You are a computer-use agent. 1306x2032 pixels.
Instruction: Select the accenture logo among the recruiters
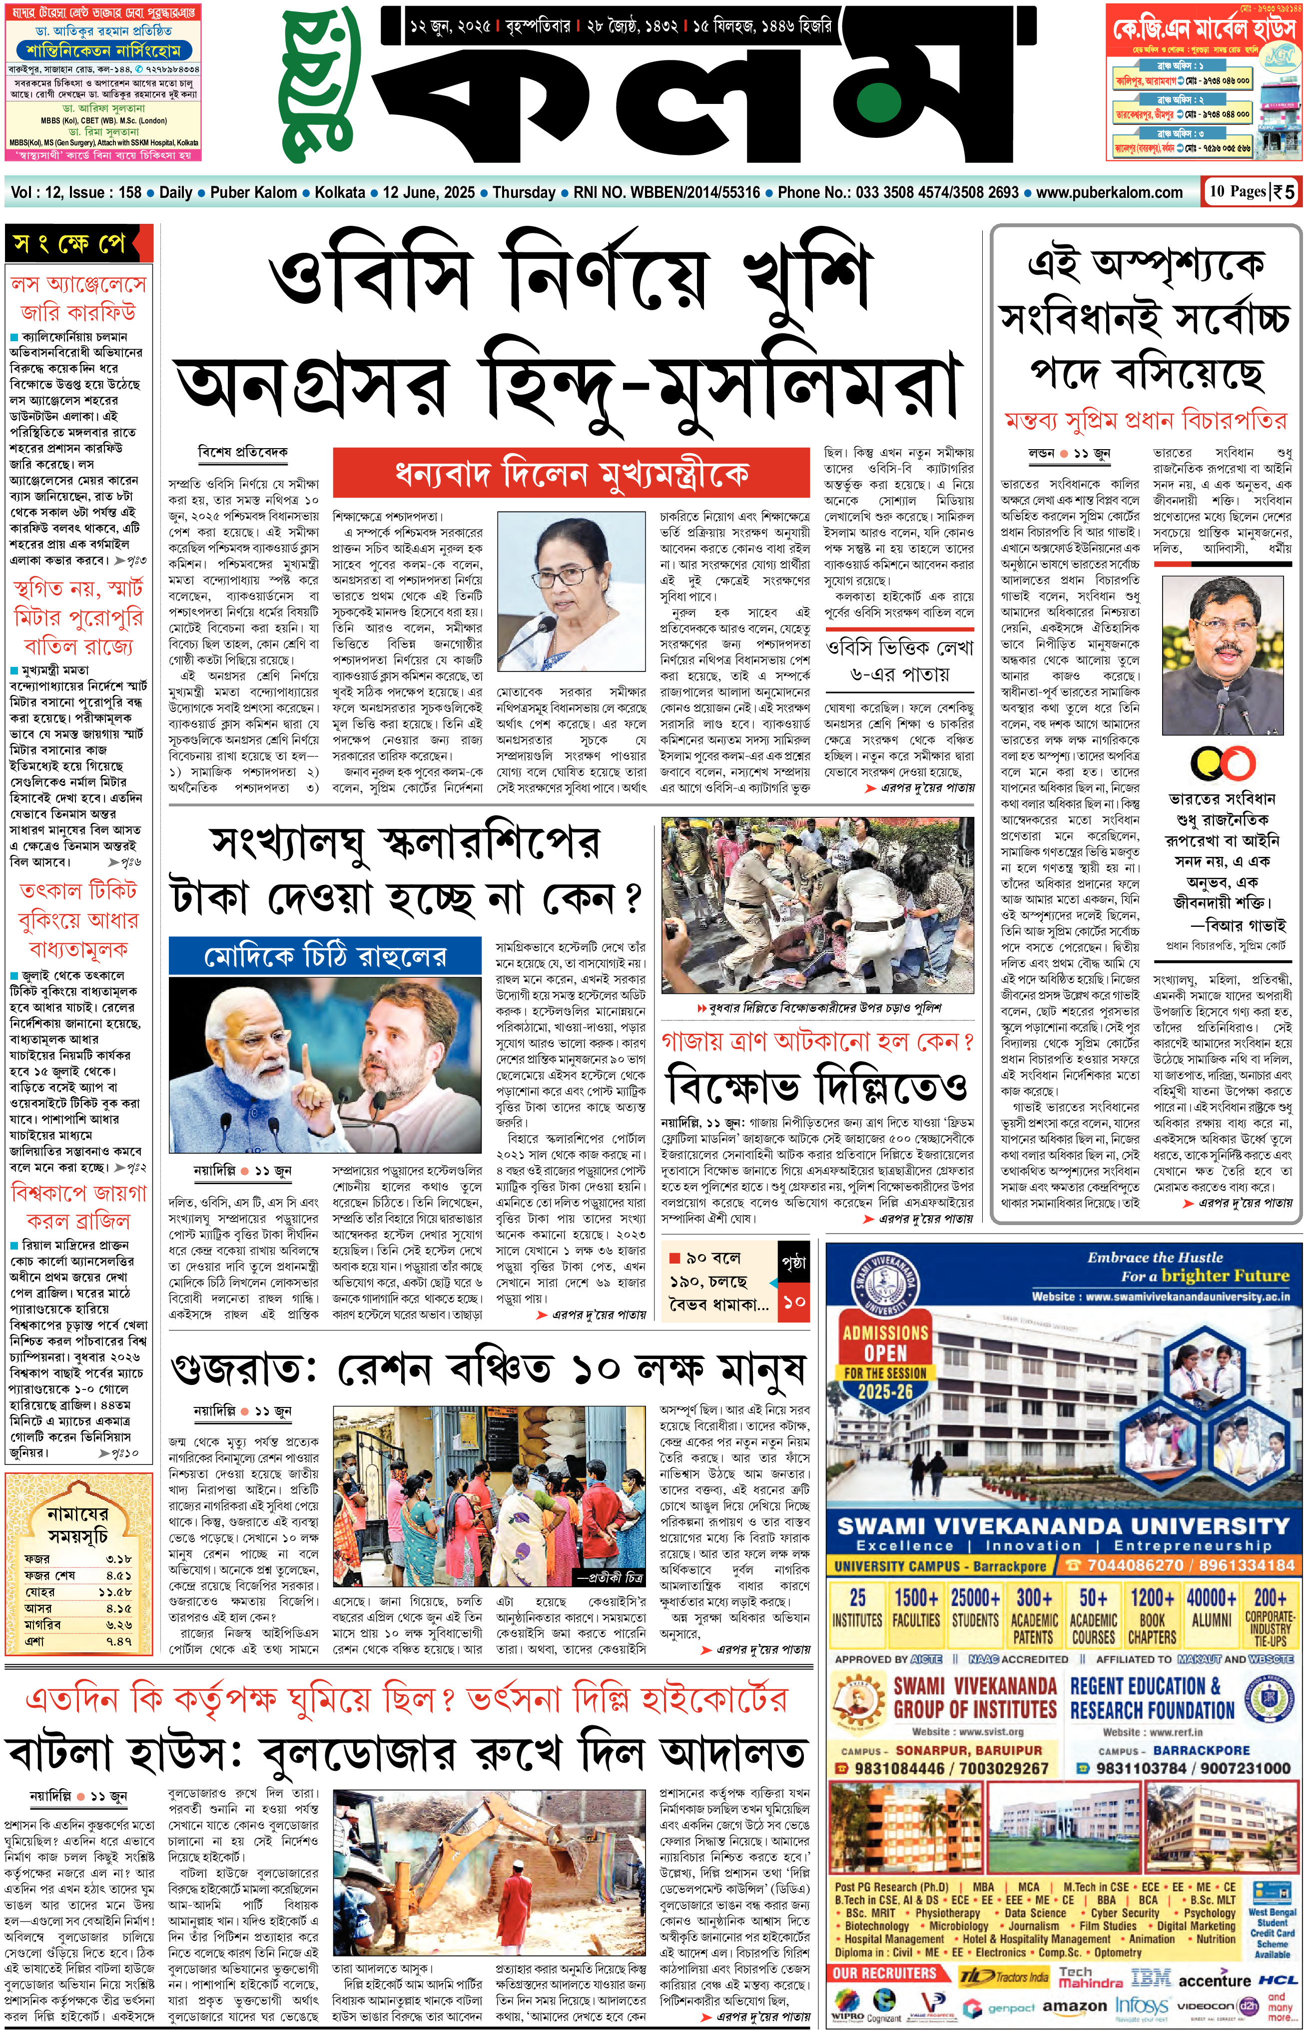[1215, 1980]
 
